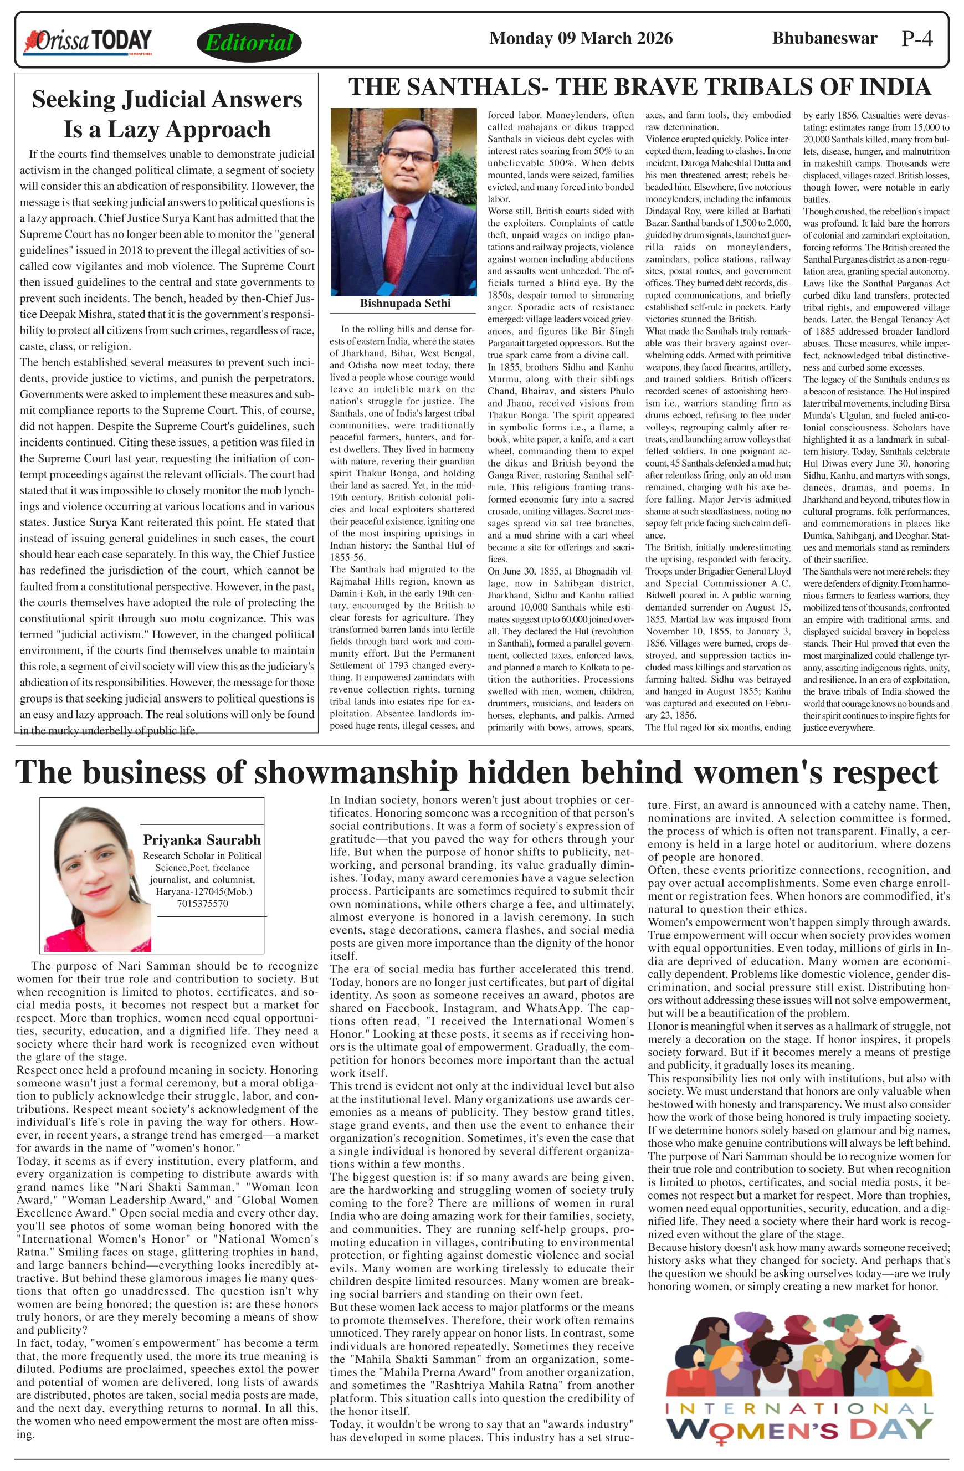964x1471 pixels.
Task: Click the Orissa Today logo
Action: click(87, 42)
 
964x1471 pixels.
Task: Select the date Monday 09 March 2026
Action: click(580, 38)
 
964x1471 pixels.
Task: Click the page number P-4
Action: click(916, 39)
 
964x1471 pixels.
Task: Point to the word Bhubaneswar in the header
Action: click(824, 38)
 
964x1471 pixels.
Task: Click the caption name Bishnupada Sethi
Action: click(405, 304)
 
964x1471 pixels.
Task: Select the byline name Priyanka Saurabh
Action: click(202, 840)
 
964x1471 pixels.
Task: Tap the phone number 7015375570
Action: click(202, 904)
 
